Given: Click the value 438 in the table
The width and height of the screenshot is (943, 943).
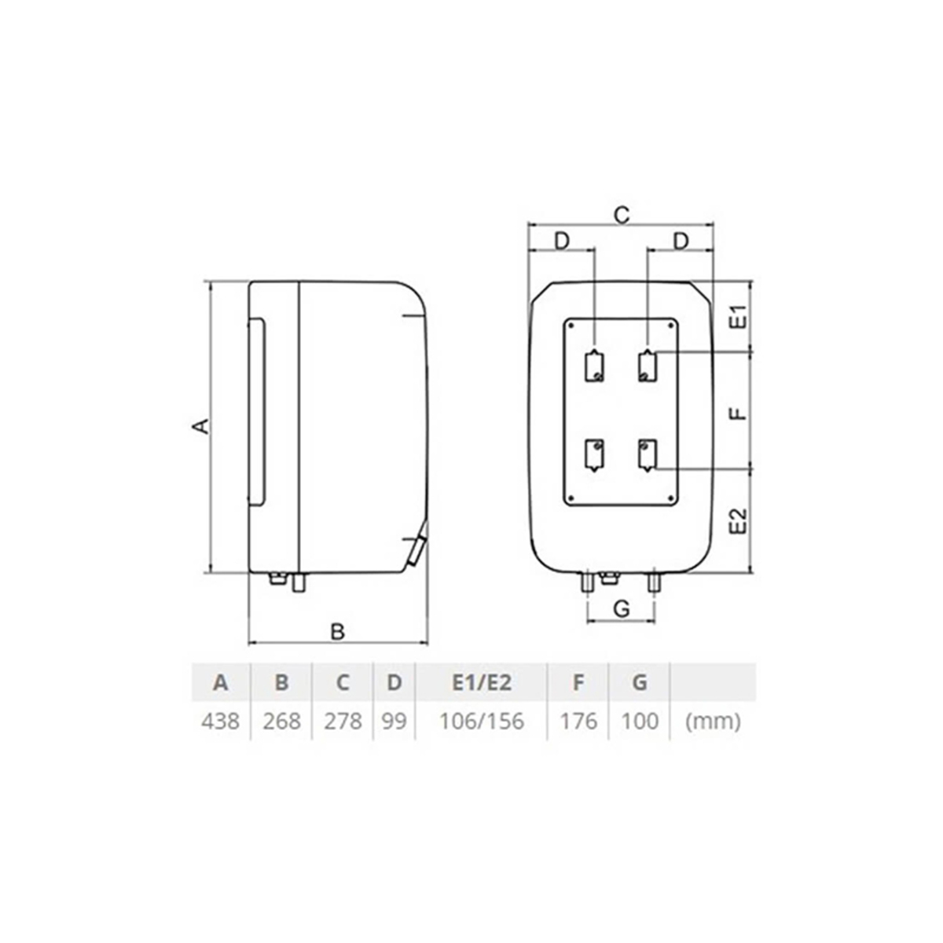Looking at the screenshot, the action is click(x=220, y=721).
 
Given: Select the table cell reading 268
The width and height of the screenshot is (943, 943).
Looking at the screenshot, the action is click(x=281, y=721).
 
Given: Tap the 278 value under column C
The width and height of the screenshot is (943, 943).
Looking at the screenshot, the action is click(x=343, y=721).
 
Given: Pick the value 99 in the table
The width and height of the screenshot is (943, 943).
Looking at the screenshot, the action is click(x=394, y=721).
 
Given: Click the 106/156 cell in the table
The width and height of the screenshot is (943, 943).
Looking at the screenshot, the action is click(x=482, y=721).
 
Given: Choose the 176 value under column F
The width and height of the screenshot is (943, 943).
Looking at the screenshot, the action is click(x=578, y=721).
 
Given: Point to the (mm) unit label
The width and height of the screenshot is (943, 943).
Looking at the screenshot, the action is click(x=713, y=721).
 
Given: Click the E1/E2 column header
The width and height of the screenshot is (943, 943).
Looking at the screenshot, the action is click(x=482, y=682).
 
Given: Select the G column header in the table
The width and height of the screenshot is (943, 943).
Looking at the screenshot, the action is click(x=640, y=682).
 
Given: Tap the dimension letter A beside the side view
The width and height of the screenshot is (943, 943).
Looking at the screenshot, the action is click(x=200, y=426).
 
